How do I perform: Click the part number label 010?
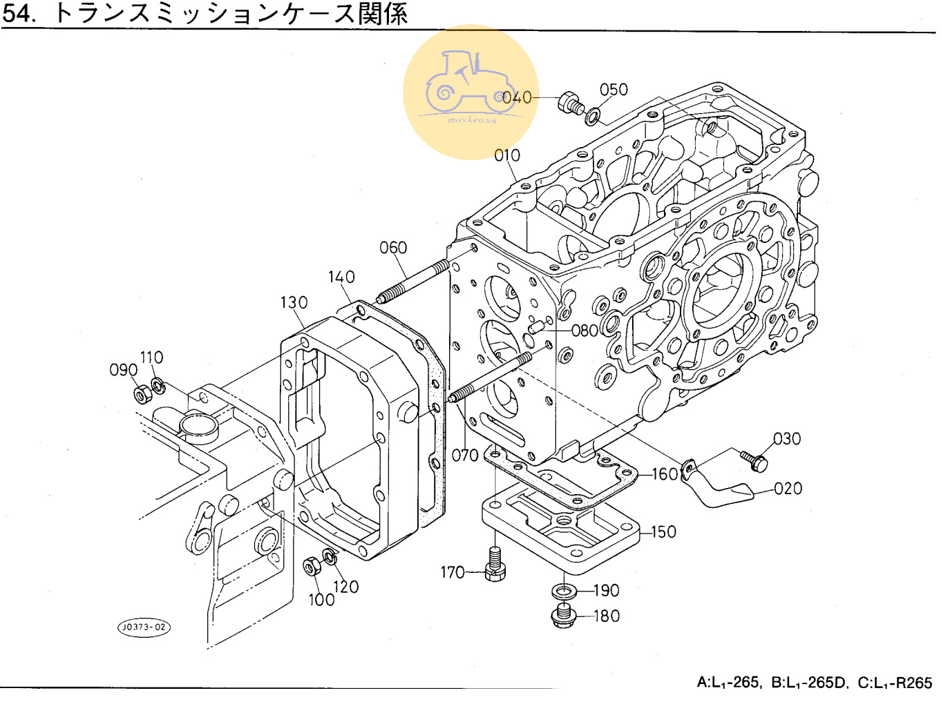click(506, 156)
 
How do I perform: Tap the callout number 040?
click(517, 98)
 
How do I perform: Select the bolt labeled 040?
click(570, 104)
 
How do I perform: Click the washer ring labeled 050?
click(593, 115)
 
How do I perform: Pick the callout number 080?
click(584, 331)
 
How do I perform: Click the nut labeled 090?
click(142, 395)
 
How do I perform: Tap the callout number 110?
click(151, 358)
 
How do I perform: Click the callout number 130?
click(294, 303)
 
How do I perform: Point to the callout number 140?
click(341, 277)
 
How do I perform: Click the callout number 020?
click(788, 489)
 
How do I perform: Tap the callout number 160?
click(665, 474)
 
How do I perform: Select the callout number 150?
click(663, 532)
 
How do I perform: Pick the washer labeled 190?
click(564, 591)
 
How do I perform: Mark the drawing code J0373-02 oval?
click(143, 627)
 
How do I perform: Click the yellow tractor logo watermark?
click(470, 92)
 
